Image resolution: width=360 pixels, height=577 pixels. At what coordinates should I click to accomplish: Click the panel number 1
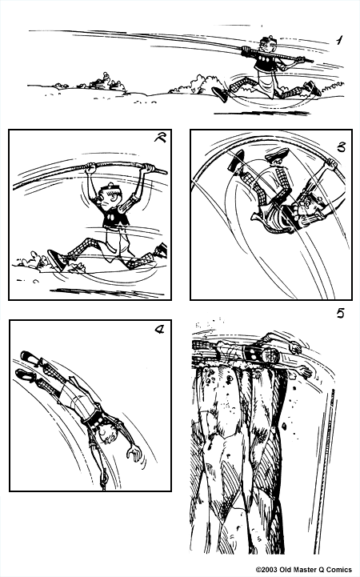pyautogui.click(x=339, y=39)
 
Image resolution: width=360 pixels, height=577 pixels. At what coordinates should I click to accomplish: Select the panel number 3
pyautogui.click(x=341, y=146)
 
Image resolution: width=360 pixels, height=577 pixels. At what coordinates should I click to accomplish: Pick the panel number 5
pyautogui.click(x=340, y=312)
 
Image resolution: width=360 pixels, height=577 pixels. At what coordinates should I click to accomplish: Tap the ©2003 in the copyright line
pyautogui.click(x=268, y=570)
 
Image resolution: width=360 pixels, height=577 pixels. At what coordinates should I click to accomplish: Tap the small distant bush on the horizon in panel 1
pyautogui.click(x=103, y=80)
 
